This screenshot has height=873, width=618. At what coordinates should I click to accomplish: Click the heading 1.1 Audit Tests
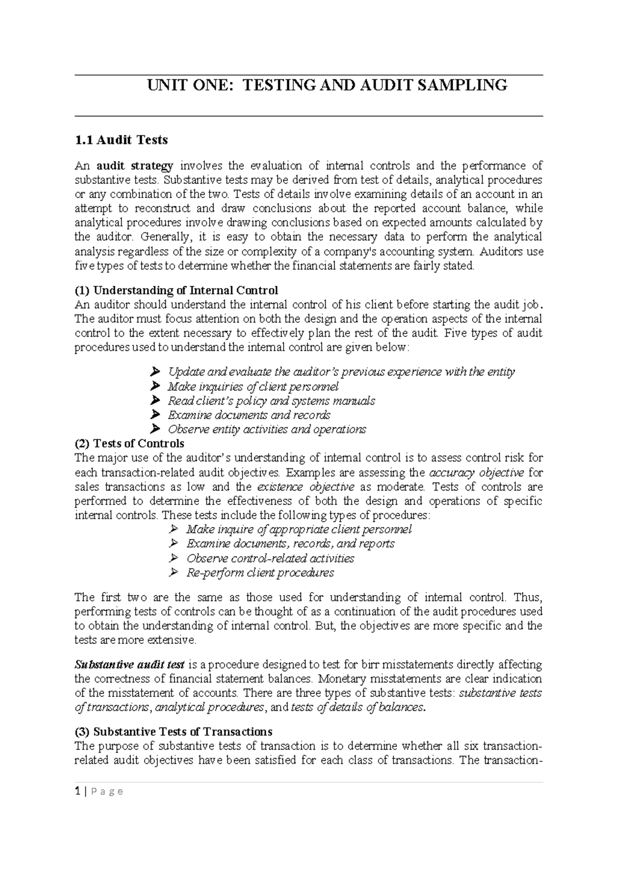[x=121, y=140]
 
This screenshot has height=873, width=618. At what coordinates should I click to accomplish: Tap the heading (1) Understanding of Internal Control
[x=176, y=290]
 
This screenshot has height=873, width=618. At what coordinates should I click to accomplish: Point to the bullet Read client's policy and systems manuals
[x=271, y=400]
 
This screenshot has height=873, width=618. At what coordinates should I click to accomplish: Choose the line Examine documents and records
[x=249, y=415]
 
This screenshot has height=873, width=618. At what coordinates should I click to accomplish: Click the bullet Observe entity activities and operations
[x=267, y=429]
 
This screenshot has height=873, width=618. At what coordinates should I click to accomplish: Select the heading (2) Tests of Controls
[x=129, y=443]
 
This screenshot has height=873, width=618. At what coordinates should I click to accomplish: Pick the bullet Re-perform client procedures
[x=260, y=573]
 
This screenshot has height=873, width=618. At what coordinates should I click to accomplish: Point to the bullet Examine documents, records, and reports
[x=290, y=544]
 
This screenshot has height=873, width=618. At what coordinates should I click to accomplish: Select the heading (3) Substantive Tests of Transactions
[x=174, y=732]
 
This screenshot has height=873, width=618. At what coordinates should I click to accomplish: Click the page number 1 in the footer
[x=77, y=792]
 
